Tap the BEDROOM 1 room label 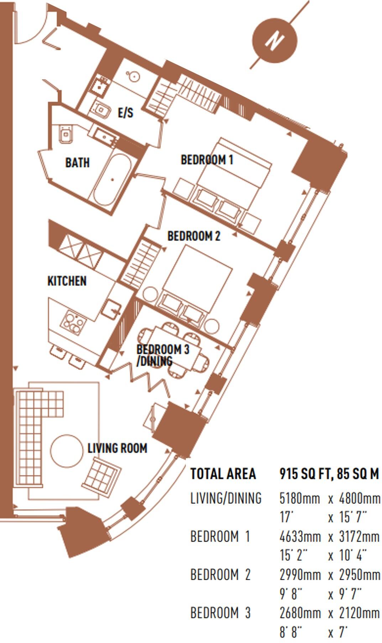(207, 160)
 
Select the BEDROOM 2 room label (194, 236)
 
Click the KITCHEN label (67, 281)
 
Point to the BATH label (77, 163)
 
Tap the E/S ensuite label (126, 113)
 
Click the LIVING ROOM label (117, 448)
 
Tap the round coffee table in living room (66, 450)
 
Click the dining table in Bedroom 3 (174, 350)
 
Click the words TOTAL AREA (223, 473)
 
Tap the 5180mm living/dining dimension (299, 498)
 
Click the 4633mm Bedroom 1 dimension (299, 536)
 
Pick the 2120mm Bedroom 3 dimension (359, 613)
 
